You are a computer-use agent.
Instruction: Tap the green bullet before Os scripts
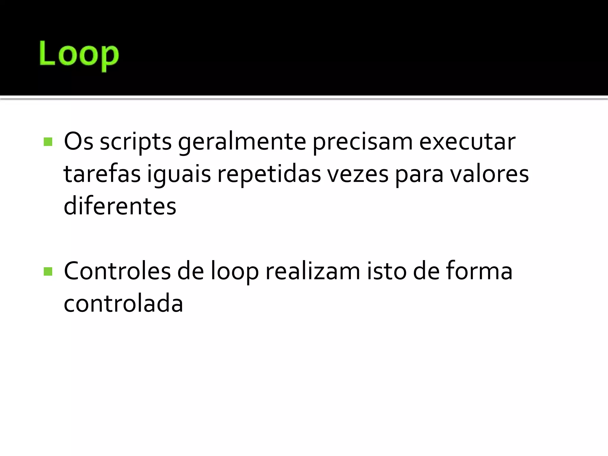(x=48, y=142)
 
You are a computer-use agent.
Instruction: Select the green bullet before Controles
(x=48, y=271)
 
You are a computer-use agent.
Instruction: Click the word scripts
(x=136, y=142)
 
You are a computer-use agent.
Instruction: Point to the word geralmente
(x=242, y=142)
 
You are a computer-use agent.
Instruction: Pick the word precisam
(x=362, y=142)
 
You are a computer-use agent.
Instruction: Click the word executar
(x=467, y=142)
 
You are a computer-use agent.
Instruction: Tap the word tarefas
(x=102, y=174)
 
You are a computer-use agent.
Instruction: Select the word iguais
(x=179, y=174)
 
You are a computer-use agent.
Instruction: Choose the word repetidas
(x=269, y=174)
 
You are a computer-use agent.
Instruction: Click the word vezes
(x=358, y=174)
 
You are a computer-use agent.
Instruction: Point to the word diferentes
(x=120, y=206)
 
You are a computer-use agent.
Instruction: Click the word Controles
(x=117, y=271)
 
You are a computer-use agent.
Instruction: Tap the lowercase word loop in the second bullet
(x=235, y=271)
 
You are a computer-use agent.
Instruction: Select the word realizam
(x=313, y=271)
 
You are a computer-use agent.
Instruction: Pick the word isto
(x=387, y=271)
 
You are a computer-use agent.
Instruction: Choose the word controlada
(x=123, y=303)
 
